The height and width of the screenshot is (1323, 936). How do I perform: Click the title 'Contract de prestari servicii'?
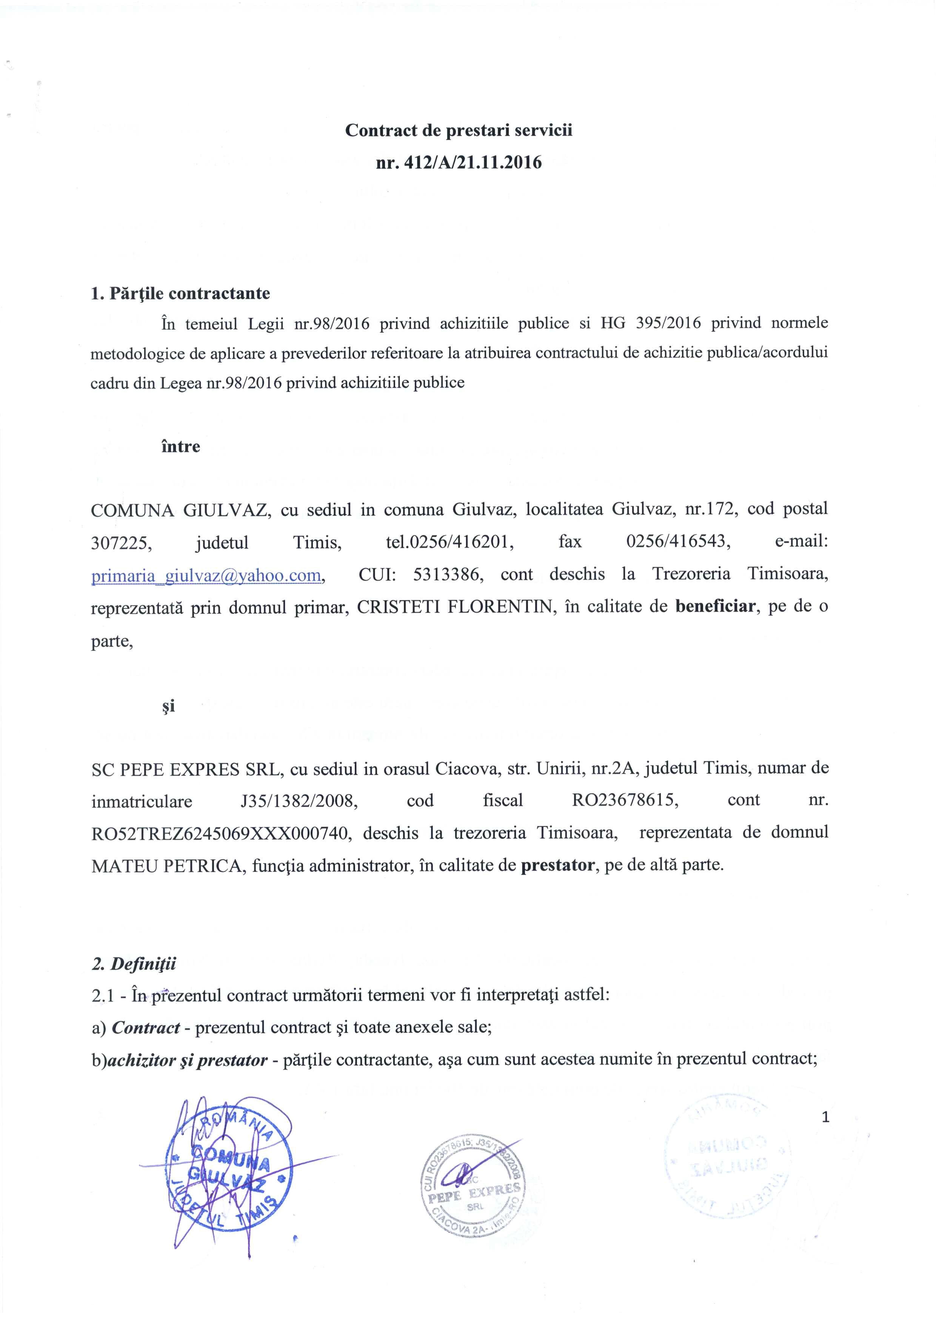point(459,130)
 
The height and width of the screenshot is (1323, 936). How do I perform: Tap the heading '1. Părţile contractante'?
point(180,293)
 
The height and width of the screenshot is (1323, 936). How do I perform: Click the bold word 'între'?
point(180,447)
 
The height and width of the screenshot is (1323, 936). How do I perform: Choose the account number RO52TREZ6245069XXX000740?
point(221,833)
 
